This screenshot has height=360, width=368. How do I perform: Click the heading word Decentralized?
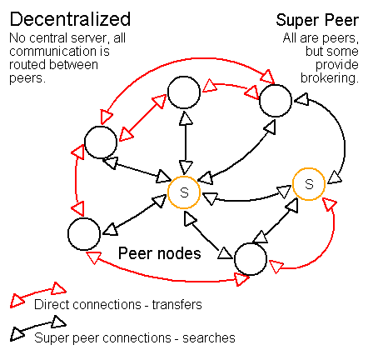(x=70, y=19)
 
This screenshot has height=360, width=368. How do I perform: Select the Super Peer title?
(x=317, y=20)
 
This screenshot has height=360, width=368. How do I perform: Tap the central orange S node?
(x=184, y=192)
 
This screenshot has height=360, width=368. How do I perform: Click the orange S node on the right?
(x=309, y=184)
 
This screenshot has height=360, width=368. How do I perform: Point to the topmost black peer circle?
(x=184, y=92)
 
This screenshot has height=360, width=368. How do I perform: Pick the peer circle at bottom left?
(x=84, y=234)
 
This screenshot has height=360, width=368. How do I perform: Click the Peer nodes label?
(x=160, y=253)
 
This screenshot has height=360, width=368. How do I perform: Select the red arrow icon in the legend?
(x=38, y=295)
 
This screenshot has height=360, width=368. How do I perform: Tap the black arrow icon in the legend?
(x=38, y=328)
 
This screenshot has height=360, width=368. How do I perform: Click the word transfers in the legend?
(x=177, y=305)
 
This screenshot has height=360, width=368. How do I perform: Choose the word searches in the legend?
(x=209, y=338)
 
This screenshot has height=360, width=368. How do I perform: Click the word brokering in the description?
(x=330, y=78)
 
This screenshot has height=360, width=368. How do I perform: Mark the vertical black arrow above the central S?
(x=185, y=143)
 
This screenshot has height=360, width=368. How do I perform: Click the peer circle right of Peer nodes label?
(x=251, y=259)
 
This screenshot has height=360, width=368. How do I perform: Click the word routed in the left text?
(x=27, y=64)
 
